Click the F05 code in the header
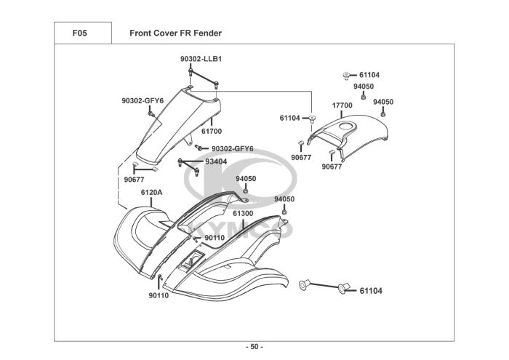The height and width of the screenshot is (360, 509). coord(81,33)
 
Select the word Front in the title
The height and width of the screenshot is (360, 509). coord(141,33)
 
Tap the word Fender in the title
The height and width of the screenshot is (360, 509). coord(207,33)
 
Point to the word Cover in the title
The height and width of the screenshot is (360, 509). coord(167,33)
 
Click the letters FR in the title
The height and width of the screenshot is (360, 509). coord(186,33)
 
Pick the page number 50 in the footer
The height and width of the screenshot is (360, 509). coord(254,346)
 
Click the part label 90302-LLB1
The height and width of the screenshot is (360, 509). coord(201,59)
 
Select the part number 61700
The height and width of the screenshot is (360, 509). coord(212,132)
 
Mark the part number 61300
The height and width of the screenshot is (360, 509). coord(243,213)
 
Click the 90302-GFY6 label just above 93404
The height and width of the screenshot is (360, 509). coord(232,149)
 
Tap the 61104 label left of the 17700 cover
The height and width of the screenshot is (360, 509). coord(290,118)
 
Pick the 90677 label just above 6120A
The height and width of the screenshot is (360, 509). coord(134,179)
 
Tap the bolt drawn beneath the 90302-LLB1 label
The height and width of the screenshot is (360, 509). coord(191,75)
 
